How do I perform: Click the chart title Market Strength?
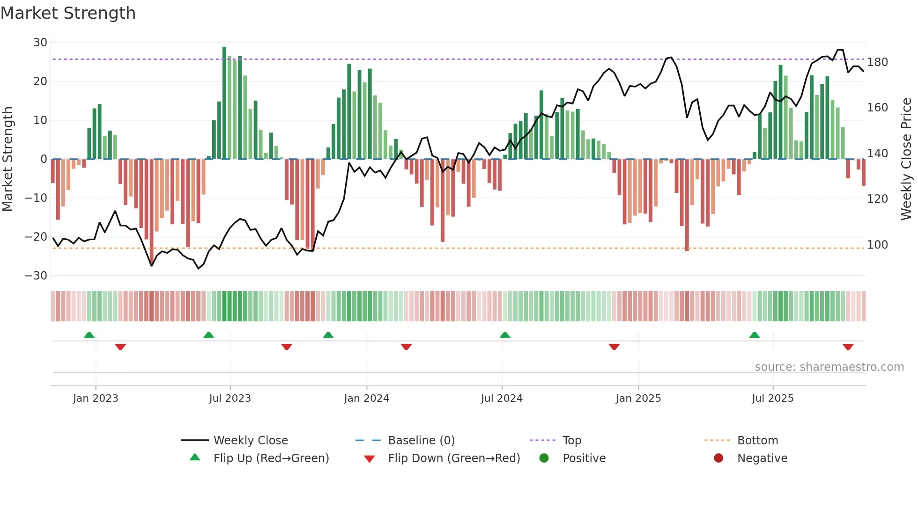tap(68, 13)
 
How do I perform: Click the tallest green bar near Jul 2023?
tap(224, 103)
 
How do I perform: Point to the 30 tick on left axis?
tap(40, 43)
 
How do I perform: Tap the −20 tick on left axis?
tap(36, 237)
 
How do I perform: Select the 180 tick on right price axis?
tap(877, 62)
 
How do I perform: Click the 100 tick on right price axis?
tap(877, 245)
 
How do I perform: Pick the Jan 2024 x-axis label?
tap(366, 398)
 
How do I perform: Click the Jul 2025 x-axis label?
tap(773, 398)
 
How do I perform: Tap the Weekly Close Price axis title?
tap(906, 159)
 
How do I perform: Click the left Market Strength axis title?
tap(7, 159)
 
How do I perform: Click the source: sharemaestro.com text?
tap(829, 367)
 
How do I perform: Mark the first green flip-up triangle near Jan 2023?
tap(89, 335)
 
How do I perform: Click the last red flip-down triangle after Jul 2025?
tap(848, 347)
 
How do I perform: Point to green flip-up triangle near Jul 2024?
tap(505, 335)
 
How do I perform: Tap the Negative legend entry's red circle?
tap(718, 458)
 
